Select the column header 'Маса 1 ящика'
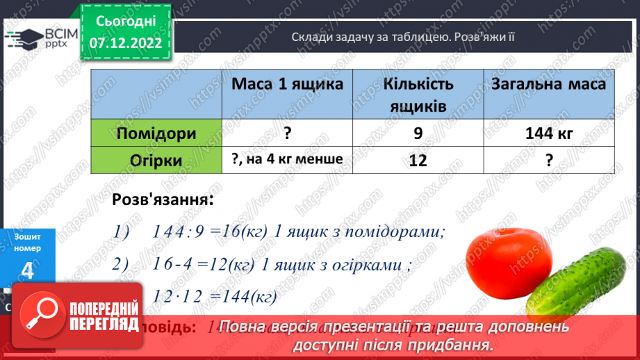pos(287,84)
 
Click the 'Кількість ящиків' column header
pos(418,94)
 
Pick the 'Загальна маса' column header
pos(548,84)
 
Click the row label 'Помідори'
pos(156,133)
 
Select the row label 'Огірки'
pos(156,160)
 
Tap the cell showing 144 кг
pos(549,133)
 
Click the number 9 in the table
pos(418,133)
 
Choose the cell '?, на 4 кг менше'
pos(287,159)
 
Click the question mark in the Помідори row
pos(287,133)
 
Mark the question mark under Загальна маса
pos(549,160)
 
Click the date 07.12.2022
pos(126,43)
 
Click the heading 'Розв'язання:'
pos(163,199)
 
